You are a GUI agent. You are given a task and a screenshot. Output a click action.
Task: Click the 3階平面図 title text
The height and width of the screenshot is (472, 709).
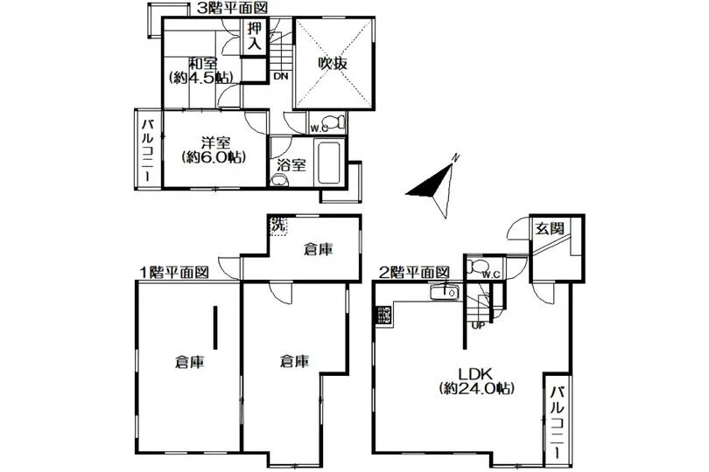232,8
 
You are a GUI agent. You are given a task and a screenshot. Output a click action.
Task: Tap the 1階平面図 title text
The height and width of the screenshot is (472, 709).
174,273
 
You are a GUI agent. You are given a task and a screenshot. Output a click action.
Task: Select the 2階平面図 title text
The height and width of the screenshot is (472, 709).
414,273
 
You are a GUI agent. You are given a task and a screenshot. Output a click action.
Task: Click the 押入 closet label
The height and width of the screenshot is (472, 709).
255,36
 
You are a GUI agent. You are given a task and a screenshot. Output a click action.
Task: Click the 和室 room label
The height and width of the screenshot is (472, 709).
203,64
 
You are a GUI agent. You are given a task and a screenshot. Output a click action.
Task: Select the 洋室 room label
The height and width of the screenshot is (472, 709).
215,143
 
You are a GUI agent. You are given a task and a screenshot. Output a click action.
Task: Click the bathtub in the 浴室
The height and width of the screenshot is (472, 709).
329,163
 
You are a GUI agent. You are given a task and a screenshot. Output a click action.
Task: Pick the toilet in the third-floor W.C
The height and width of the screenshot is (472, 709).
334,122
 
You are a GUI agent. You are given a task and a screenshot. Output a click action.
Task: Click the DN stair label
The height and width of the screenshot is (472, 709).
281,76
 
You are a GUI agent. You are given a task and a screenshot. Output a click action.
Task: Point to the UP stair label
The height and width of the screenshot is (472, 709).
478,325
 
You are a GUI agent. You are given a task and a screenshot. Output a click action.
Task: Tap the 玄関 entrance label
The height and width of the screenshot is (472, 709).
551,228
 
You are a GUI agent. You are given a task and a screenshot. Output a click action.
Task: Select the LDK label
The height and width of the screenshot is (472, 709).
475,374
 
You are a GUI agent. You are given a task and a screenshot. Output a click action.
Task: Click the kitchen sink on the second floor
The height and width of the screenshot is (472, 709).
445,293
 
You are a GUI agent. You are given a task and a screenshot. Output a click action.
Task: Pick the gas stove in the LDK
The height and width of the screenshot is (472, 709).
384,316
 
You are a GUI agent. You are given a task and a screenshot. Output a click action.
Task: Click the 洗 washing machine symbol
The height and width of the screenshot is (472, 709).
278,226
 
